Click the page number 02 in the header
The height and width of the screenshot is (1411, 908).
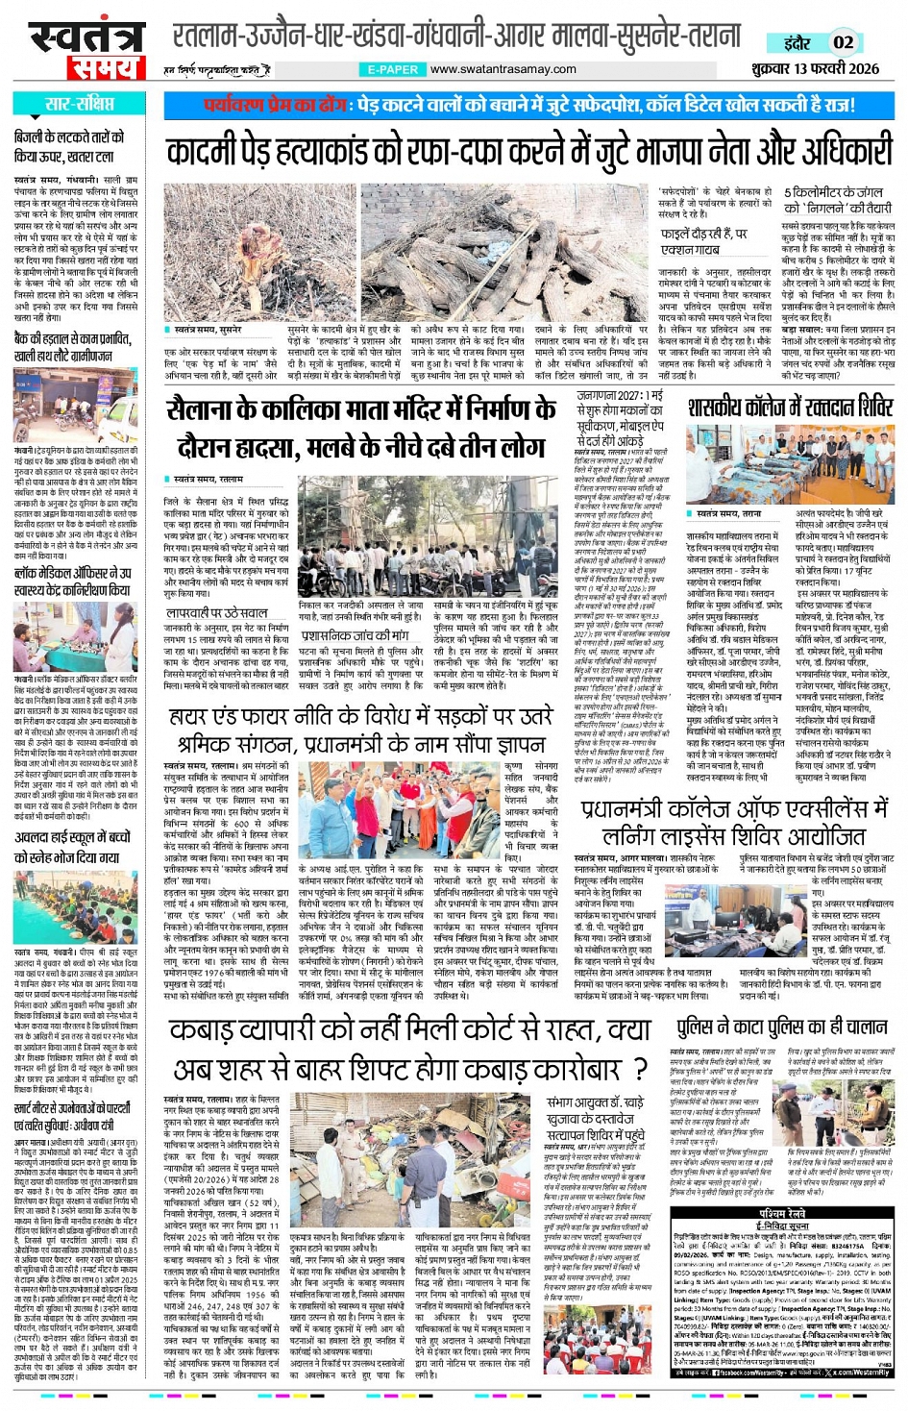(843, 42)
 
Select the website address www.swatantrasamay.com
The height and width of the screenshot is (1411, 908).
(503, 69)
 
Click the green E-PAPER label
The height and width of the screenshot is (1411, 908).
(392, 69)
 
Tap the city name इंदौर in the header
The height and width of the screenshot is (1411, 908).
(797, 42)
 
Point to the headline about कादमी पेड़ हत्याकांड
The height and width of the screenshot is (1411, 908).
(528, 152)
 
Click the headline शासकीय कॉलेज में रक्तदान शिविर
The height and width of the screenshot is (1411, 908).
(790, 407)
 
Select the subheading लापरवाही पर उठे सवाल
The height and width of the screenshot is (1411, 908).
(216, 612)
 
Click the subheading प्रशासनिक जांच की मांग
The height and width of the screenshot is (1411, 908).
(355, 635)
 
